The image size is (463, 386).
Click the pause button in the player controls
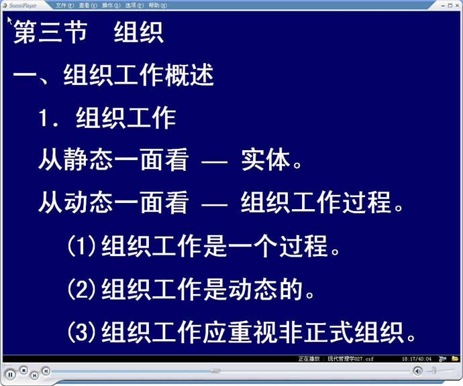(x=10, y=375)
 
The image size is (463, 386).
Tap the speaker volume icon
(x=417, y=371)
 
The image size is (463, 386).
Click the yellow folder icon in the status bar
(x=455, y=359)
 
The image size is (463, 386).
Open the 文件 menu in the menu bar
(x=64, y=5)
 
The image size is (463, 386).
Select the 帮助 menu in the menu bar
(x=158, y=5)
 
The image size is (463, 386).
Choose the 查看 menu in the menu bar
(x=88, y=5)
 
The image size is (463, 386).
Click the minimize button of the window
(x=443, y=5)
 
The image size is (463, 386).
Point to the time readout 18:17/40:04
(x=416, y=359)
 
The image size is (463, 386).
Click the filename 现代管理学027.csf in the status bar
(x=350, y=359)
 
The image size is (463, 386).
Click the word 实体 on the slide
(x=265, y=159)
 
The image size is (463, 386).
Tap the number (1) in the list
(x=82, y=246)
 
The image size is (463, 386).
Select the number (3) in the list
(x=82, y=332)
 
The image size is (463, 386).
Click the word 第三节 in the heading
(x=50, y=32)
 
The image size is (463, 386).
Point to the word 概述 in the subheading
(x=189, y=75)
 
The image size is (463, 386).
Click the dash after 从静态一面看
(x=214, y=162)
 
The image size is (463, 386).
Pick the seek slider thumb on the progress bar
(x=215, y=371)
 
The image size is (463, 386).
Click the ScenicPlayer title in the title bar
(x=23, y=5)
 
